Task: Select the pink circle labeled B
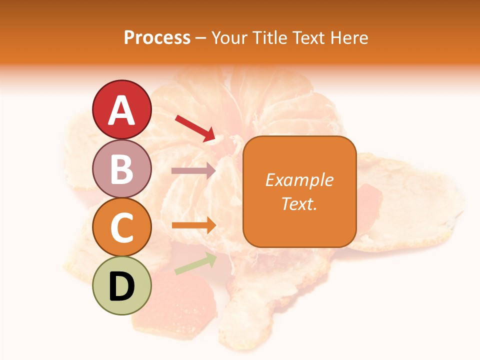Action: [x=122, y=169]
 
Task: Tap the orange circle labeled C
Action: [x=122, y=227]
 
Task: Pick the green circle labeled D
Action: [x=122, y=286]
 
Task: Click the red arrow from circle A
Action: [x=195, y=127]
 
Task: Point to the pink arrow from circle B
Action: [x=193, y=170]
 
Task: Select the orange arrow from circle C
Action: [x=193, y=225]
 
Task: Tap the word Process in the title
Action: [x=157, y=37]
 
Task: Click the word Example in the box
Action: [x=299, y=180]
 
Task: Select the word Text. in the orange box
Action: [x=299, y=203]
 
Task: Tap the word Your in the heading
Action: [x=230, y=37]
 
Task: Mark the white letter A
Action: [x=122, y=110]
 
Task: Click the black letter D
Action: [x=122, y=286]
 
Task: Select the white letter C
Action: [x=122, y=227]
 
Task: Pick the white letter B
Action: [x=122, y=169]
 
